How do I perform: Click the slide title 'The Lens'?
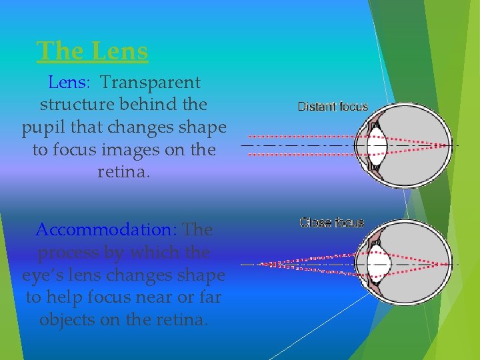[93, 51]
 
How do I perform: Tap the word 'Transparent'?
[150, 83]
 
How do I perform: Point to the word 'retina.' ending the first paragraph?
[124, 173]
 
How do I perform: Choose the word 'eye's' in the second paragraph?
[43, 275]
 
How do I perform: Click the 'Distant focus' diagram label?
[333, 106]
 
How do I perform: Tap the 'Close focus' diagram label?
[332, 222]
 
